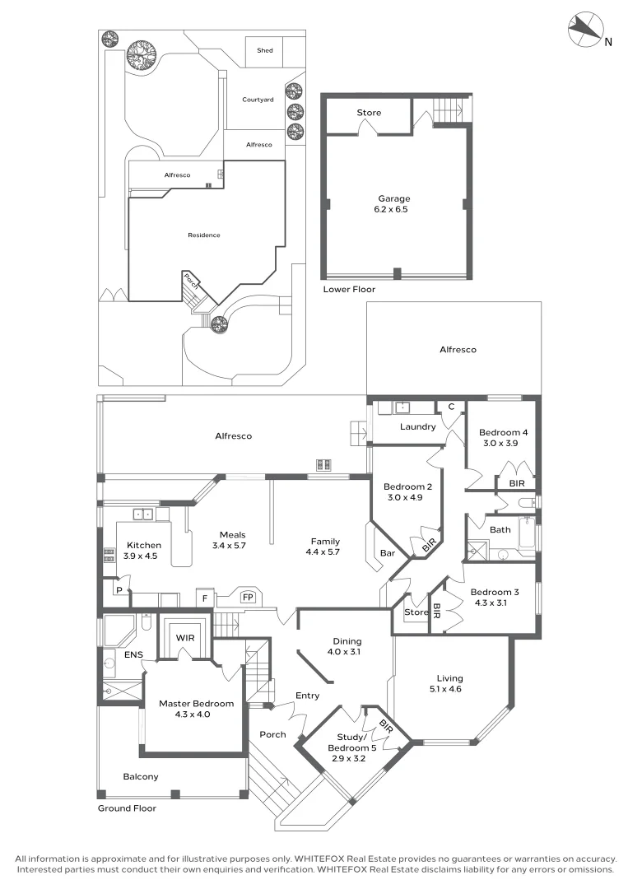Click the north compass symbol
click(x=585, y=30)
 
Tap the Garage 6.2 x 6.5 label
click(x=393, y=204)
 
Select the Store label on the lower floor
click(x=369, y=113)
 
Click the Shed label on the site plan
click(x=264, y=51)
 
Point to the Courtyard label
click(x=258, y=100)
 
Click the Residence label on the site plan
click(x=204, y=235)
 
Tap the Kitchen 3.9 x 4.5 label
click(x=143, y=551)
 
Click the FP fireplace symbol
click(x=247, y=597)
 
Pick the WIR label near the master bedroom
click(x=184, y=636)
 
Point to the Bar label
click(x=388, y=553)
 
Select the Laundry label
click(x=417, y=426)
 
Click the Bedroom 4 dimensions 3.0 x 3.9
click(x=500, y=444)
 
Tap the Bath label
click(x=500, y=529)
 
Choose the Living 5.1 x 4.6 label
click(x=445, y=683)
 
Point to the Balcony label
click(x=141, y=776)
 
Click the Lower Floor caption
click(x=349, y=290)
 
